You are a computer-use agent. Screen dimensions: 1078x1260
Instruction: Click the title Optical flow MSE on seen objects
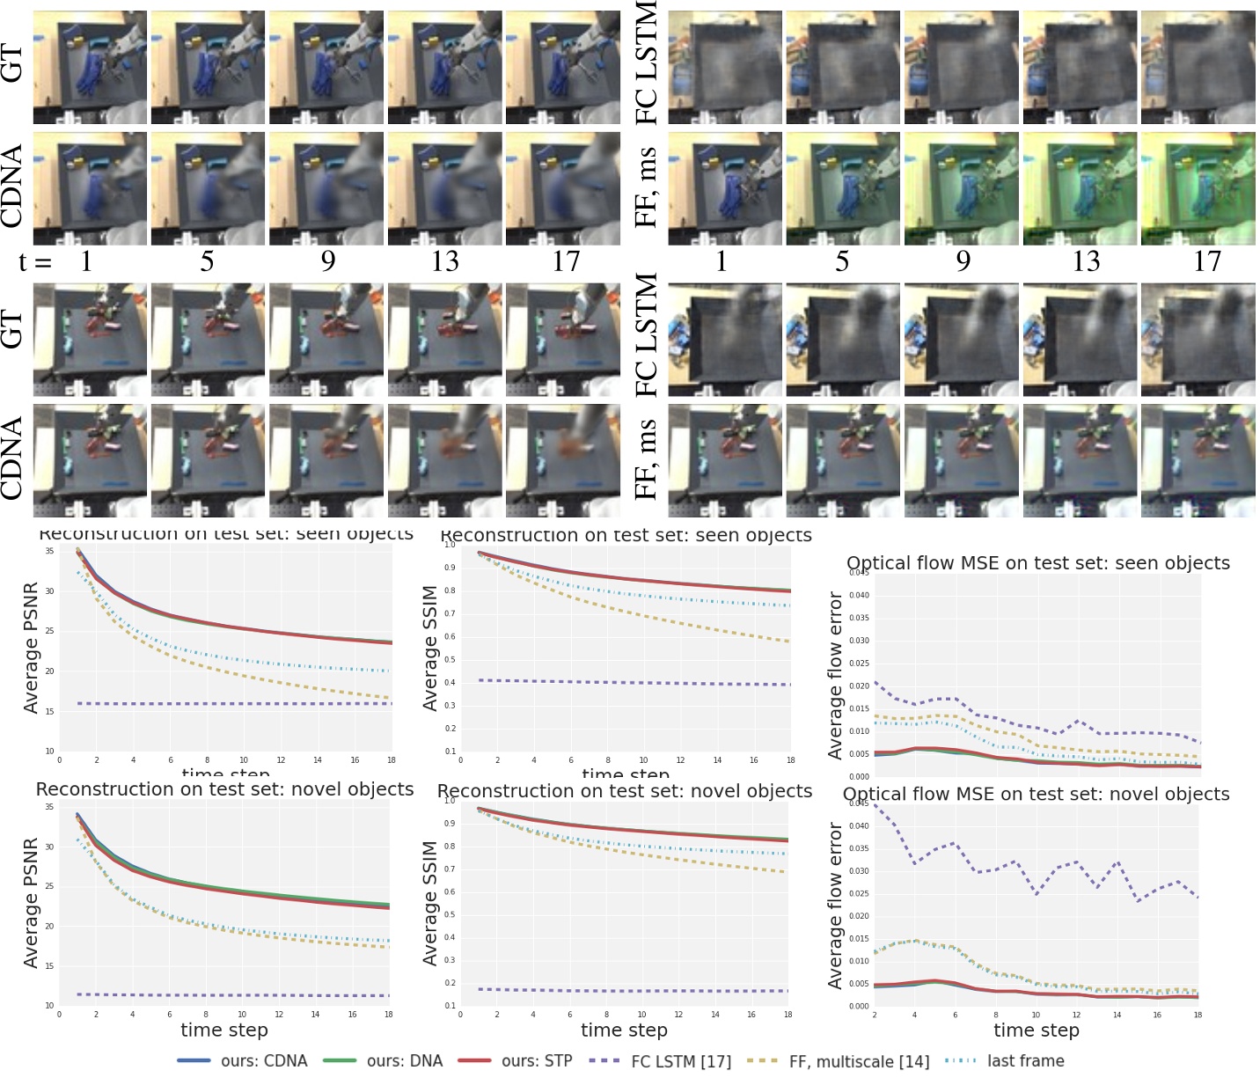pos(1037,563)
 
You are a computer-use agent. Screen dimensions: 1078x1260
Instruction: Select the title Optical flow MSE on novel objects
pos(1036,794)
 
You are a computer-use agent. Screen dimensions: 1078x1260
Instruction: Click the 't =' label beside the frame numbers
pos(35,261)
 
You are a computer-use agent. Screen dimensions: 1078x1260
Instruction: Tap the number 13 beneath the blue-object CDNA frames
pos(444,261)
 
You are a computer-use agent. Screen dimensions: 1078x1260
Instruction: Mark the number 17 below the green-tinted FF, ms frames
pos(1206,261)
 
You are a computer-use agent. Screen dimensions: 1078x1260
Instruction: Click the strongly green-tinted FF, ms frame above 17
pos(1198,189)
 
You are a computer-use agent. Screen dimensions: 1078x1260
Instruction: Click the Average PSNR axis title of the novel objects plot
pos(31,903)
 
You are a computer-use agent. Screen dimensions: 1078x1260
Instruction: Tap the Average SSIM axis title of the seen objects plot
pos(430,648)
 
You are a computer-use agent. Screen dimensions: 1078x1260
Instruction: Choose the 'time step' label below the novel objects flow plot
pos(1036,1030)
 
